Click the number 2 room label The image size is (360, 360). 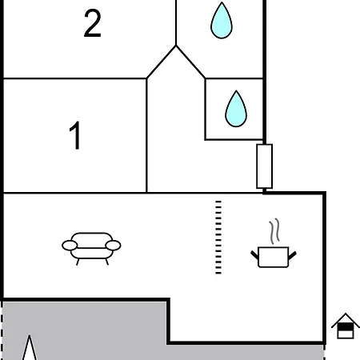point(92,23)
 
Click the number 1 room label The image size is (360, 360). point(75,135)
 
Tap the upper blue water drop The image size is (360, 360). point(222,21)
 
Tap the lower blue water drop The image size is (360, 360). point(236,109)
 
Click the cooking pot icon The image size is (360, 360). point(274,257)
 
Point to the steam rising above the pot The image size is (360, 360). point(274,231)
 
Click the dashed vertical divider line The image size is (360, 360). point(218,238)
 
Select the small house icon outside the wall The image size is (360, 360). point(346,326)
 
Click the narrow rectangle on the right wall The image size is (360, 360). point(264,166)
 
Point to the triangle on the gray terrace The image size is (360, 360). point(30,348)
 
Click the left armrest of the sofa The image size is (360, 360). point(70,246)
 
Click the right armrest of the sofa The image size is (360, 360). point(113,246)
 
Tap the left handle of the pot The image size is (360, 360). point(254,255)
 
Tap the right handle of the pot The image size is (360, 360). point(292,255)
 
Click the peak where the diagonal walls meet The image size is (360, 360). point(176,46)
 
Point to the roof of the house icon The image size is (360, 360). point(346,320)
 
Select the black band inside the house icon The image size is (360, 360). point(346,326)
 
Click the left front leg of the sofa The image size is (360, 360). point(78,262)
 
